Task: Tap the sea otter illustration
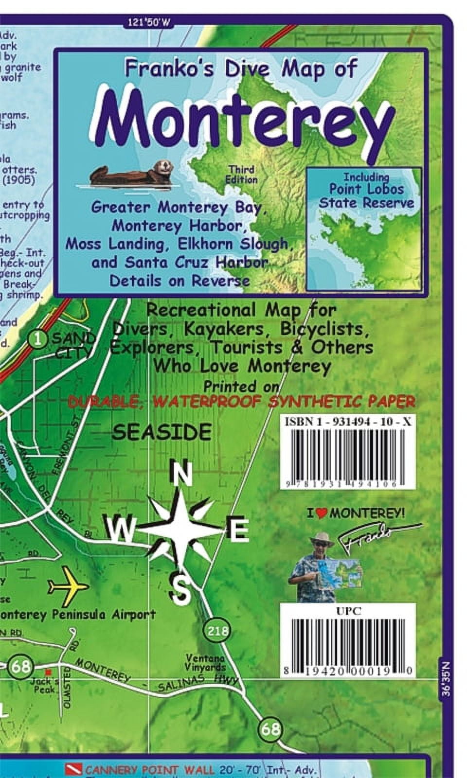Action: [131, 173]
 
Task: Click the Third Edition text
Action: [241, 175]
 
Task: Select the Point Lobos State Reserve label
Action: [366, 191]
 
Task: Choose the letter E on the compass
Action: [238, 530]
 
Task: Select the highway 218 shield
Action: [217, 631]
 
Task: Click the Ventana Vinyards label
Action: [205, 663]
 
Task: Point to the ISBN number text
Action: [347, 422]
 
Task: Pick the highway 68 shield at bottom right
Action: [270, 728]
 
